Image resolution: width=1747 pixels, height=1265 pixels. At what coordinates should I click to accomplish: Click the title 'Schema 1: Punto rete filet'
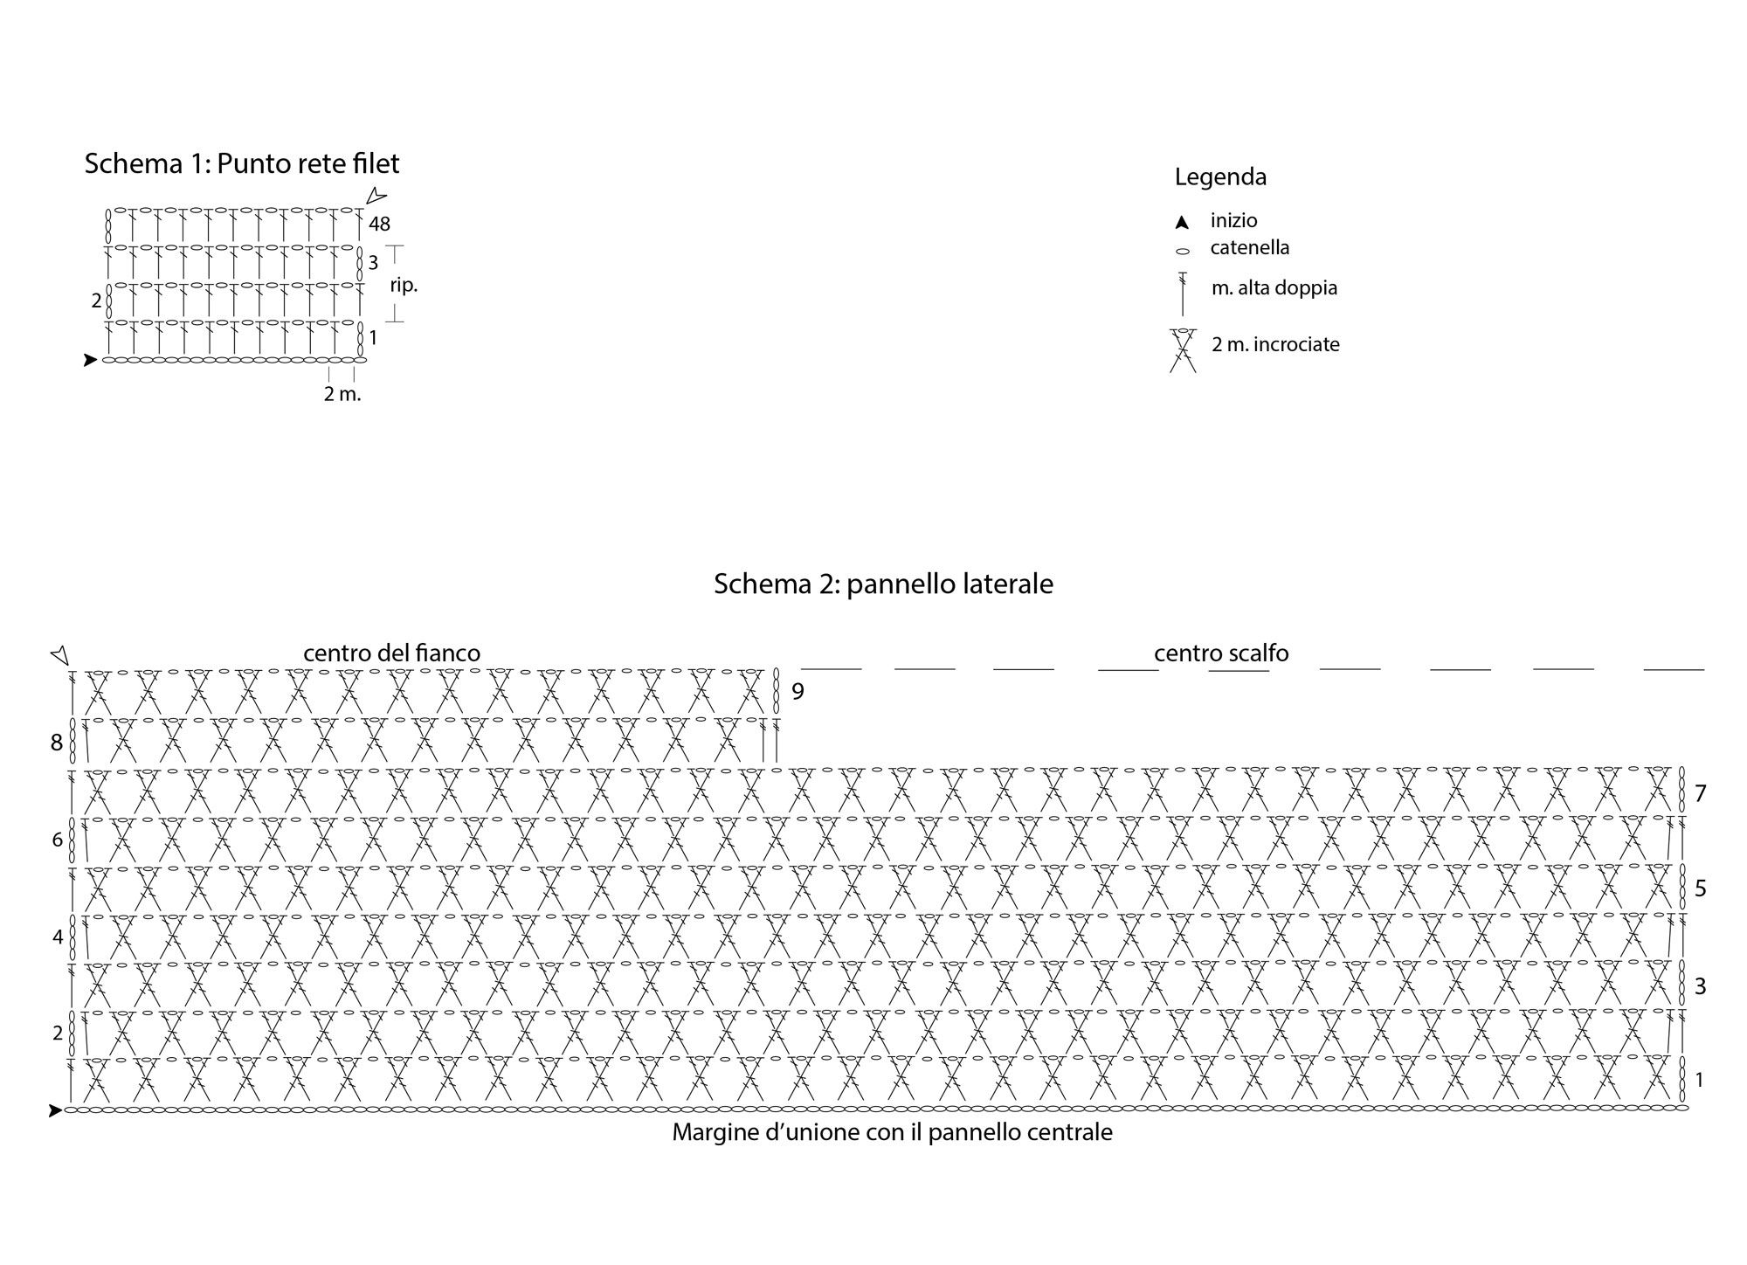pyautogui.click(x=242, y=163)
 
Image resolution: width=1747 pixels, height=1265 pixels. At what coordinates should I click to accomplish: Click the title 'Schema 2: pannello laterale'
pyautogui.click(x=883, y=584)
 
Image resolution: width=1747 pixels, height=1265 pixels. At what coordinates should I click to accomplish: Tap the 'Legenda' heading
pyautogui.click(x=1220, y=177)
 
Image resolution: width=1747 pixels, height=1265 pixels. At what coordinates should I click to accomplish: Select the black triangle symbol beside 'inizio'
pyautogui.click(x=1182, y=223)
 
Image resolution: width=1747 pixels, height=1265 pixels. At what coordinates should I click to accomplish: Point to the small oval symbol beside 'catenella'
pyautogui.click(x=1183, y=252)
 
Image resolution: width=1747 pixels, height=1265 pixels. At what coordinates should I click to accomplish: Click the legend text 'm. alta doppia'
pyautogui.click(x=1274, y=287)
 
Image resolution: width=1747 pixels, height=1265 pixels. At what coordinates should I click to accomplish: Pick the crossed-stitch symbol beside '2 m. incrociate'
pyautogui.click(x=1183, y=350)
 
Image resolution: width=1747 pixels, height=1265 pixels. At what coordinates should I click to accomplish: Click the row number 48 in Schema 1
pyautogui.click(x=379, y=225)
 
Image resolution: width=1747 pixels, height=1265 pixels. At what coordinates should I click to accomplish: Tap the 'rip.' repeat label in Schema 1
pyautogui.click(x=404, y=286)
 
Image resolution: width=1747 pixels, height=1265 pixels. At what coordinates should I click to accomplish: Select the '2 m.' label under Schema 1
pyautogui.click(x=342, y=394)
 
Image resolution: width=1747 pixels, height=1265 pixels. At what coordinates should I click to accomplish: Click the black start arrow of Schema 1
pyautogui.click(x=90, y=360)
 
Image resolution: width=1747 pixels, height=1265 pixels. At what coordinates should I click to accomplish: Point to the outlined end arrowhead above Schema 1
pyautogui.click(x=376, y=197)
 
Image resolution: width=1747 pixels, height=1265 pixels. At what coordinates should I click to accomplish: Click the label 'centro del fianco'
pyautogui.click(x=391, y=653)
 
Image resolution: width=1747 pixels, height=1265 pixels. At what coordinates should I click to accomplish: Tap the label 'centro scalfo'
pyautogui.click(x=1221, y=653)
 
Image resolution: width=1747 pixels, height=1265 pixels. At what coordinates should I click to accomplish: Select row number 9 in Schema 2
pyautogui.click(x=798, y=692)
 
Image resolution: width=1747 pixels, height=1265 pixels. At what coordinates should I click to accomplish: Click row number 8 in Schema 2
pyautogui.click(x=57, y=743)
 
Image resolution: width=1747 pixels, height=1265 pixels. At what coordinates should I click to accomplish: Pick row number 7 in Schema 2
pyautogui.click(x=1700, y=793)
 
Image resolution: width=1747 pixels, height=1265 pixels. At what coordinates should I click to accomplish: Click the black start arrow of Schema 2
pyautogui.click(x=56, y=1111)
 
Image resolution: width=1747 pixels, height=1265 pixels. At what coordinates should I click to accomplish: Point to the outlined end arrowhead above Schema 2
pyautogui.click(x=59, y=655)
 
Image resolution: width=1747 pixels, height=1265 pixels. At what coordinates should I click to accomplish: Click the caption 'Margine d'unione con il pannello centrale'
pyautogui.click(x=892, y=1133)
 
